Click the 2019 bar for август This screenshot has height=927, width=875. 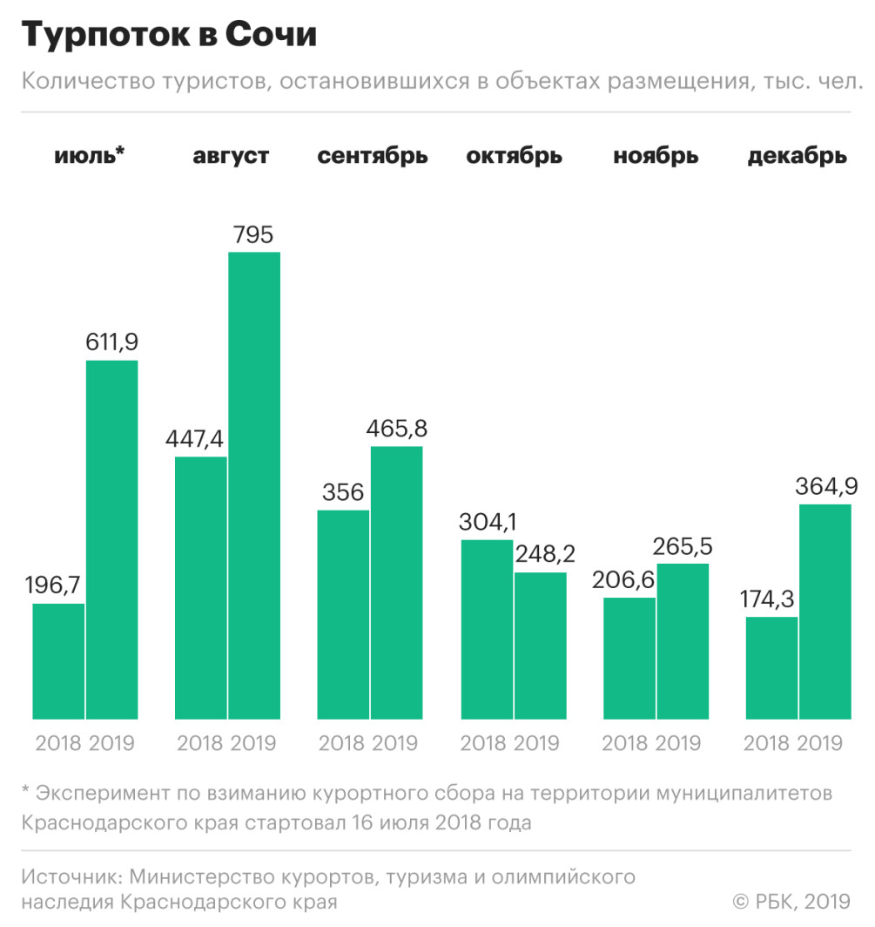[x=254, y=485]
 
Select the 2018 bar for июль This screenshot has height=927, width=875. [x=58, y=661]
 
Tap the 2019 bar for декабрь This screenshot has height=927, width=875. [x=825, y=612]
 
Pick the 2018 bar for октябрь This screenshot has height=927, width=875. [x=487, y=629]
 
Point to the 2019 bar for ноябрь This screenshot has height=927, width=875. [x=683, y=641]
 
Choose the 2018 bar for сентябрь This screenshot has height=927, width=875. [x=343, y=614]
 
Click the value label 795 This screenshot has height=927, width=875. [x=253, y=235]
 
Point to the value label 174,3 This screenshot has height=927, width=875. [x=771, y=599]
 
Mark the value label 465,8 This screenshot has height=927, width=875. [x=397, y=430]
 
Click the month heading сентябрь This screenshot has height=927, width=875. [x=373, y=157]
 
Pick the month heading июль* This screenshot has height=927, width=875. [x=90, y=156]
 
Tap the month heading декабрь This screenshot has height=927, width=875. [x=797, y=157]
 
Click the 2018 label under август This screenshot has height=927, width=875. [x=200, y=744]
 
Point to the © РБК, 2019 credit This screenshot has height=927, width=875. [x=791, y=901]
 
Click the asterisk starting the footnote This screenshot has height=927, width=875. [x=26, y=793]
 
